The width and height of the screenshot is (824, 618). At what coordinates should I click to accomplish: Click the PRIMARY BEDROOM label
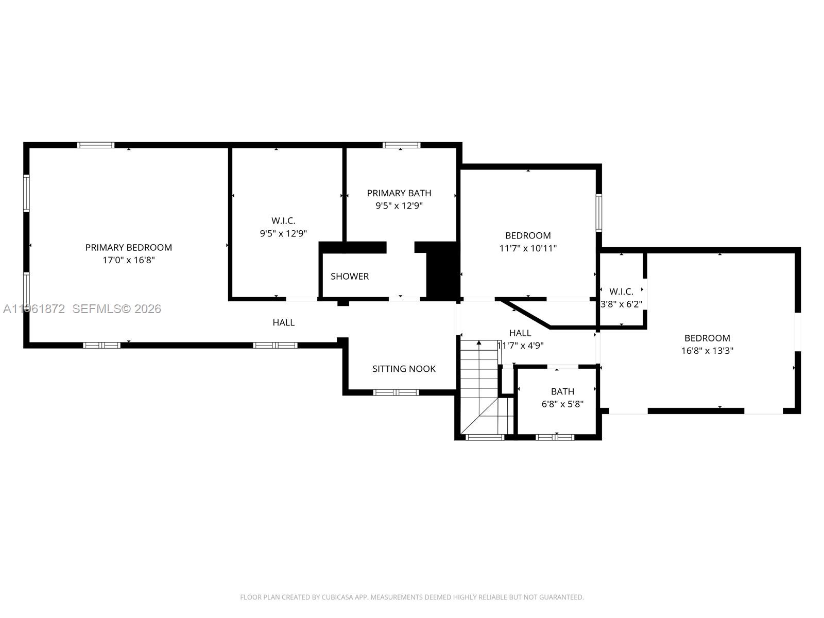click(x=128, y=248)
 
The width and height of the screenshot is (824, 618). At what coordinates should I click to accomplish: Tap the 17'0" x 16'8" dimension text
click(x=128, y=261)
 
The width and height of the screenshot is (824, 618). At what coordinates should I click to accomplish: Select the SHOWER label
click(x=350, y=277)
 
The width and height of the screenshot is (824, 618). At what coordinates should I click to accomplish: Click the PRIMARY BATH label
click(x=399, y=193)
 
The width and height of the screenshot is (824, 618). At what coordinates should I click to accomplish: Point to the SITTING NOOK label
click(x=404, y=369)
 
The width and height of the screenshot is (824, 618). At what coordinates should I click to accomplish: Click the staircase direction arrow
click(x=479, y=343)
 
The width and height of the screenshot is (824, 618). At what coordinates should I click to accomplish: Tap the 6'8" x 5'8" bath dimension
click(x=562, y=404)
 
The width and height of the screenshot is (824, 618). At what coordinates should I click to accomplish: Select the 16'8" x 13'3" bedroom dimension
click(x=707, y=351)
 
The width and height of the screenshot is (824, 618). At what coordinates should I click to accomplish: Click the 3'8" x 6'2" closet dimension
click(x=622, y=304)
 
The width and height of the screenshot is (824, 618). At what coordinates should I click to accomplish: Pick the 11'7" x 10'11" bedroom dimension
click(x=528, y=248)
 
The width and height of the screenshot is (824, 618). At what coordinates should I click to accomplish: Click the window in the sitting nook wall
click(x=396, y=392)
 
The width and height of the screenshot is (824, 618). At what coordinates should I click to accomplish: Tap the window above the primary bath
click(x=402, y=145)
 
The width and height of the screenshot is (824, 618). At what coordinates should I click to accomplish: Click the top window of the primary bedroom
click(x=96, y=145)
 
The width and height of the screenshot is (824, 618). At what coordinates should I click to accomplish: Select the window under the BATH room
click(x=555, y=437)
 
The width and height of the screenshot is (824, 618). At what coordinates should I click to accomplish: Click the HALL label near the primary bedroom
click(x=283, y=323)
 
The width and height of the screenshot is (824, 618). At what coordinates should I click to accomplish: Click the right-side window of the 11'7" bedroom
click(x=599, y=212)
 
